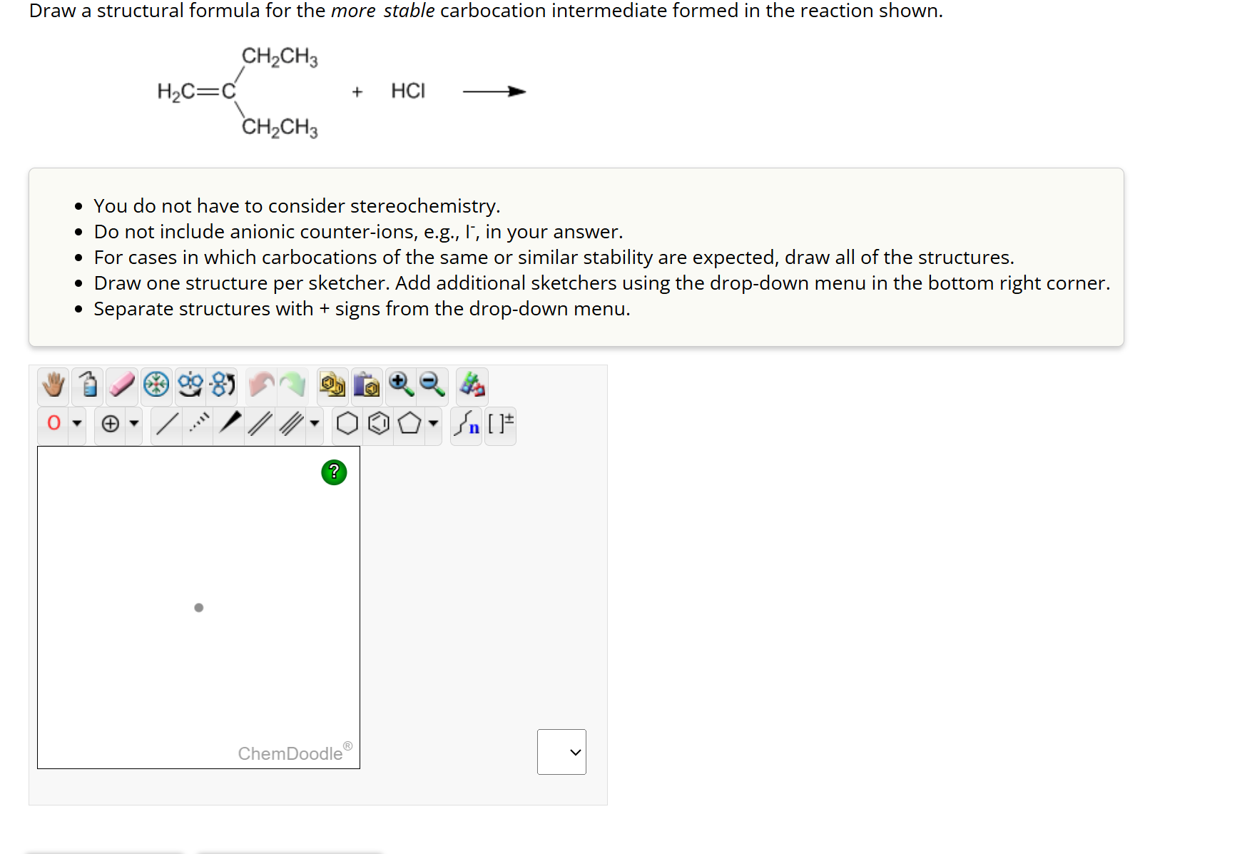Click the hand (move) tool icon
click(x=54, y=385)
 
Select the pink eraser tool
click(x=122, y=385)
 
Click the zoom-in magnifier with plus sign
click(x=400, y=385)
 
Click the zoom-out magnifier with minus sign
click(x=432, y=385)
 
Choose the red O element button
click(x=54, y=423)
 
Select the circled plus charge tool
click(x=111, y=424)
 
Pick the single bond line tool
click(x=167, y=424)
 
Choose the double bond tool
click(x=260, y=424)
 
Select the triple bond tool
click(x=290, y=424)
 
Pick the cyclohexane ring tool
click(x=347, y=424)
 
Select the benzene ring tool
click(x=379, y=424)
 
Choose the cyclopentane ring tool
click(x=409, y=424)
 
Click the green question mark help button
click(x=334, y=472)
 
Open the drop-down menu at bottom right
click(x=561, y=752)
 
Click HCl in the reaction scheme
click(x=408, y=91)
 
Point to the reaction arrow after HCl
click(x=494, y=91)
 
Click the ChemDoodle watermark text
click(x=290, y=753)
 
